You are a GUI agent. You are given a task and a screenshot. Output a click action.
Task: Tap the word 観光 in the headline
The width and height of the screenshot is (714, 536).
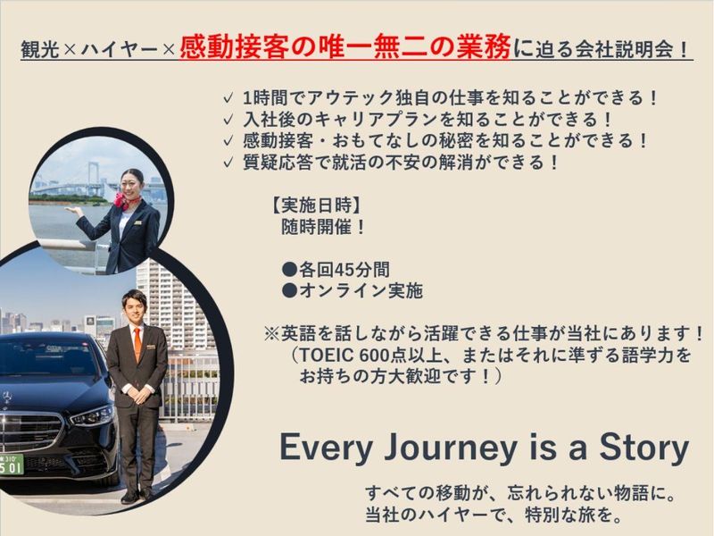point(38,50)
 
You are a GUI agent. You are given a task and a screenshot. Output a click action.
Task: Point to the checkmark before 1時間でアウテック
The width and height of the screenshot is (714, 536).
point(229,97)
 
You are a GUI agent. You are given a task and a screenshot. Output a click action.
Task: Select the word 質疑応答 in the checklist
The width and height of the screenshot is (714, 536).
point(278,162)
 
